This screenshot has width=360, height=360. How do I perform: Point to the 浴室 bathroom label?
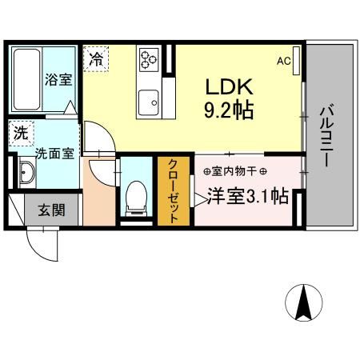[x=57, y=80]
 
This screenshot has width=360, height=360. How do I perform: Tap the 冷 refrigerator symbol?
[x=95, y=58]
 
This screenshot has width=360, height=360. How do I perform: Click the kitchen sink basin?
[x=149, y=102]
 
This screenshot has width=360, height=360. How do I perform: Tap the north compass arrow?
[x=304, y=303]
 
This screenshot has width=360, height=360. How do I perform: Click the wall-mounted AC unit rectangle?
[x=297, y=60]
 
